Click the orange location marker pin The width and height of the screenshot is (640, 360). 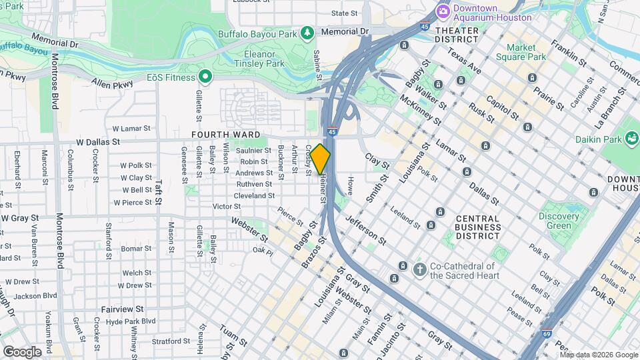point(320,159)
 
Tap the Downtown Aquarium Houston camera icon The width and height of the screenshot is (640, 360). point(443,12)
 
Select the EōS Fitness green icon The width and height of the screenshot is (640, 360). point(205,78)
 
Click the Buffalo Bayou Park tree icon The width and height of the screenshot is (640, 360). point(307,31)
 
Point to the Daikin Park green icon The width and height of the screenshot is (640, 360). point(630,139)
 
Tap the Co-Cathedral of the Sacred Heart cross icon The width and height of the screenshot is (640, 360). point(419,269)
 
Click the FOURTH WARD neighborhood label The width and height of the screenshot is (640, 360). point(225,134)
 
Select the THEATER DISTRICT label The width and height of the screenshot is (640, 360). point(457,35)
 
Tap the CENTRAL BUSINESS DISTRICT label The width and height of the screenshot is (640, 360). point(477,227)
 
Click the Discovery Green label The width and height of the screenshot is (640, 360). point(559,221)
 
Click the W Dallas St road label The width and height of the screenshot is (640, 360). point(98,142)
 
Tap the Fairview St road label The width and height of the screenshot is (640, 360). point(122,309)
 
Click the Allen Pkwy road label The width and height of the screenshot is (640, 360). point(109,83)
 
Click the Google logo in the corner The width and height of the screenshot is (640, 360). point(22,351)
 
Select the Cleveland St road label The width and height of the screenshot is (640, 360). point(254,196)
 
